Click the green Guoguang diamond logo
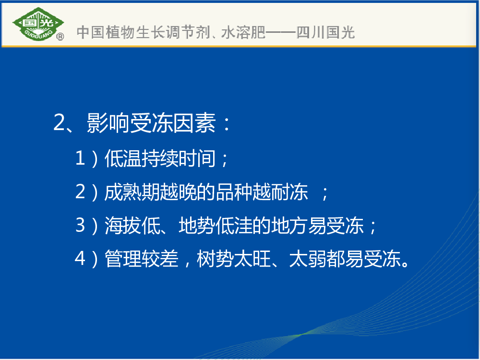pyautogui.click(x=38, y=24)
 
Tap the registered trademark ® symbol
pyautogui.click(x=60, y=37)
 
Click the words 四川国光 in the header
pyautogui.click(x=326, y=32)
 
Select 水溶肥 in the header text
pyautogui.click(x=243, y=32)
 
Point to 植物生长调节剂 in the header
pyautogui.click(x=158, y=32)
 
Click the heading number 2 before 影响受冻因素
pyautogui.click(x=59, y=122)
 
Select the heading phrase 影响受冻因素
pyautogui.click(x=151, y=123)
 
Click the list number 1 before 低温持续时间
pyautogui.click(x=80, y=158)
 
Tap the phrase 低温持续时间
pyautogui.click(x=160, y=158)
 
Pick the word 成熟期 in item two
pyautogui.click(x=132, y=192)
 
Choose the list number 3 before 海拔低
pyautogui.click(x=80, y=225)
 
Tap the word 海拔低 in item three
pyautogui.click(x=132, y=226)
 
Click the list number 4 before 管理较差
pyautogui.click(x=80, y=258)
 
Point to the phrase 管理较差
pyautogui.click(x=142, y=259)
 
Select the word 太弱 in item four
pyautogui.click(x=308, y=259)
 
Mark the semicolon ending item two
pyautogui.click(x=325, y=193)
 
